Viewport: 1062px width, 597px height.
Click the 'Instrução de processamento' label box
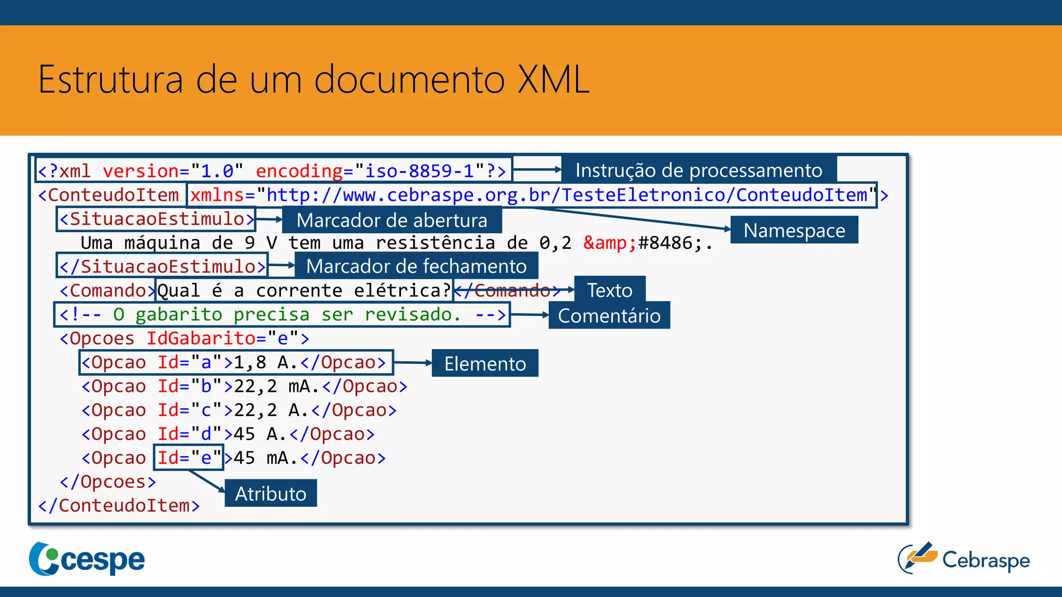698,170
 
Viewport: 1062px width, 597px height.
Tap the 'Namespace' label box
794,230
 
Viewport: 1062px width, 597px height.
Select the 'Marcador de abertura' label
392,220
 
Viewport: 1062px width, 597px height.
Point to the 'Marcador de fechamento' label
416,266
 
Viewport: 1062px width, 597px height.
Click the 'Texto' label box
609,290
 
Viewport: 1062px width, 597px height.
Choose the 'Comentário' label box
609,316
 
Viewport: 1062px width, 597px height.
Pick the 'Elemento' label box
485,363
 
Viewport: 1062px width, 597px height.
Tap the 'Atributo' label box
271,493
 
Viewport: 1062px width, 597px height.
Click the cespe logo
87,559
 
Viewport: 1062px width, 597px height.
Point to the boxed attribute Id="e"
189,458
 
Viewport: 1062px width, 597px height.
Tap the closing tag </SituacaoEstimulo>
162,266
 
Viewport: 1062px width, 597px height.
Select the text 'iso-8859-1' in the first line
419,170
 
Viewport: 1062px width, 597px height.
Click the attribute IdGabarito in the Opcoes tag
201,338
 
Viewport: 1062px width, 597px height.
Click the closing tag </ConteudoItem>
119,505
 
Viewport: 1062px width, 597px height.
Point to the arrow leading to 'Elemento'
412,363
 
